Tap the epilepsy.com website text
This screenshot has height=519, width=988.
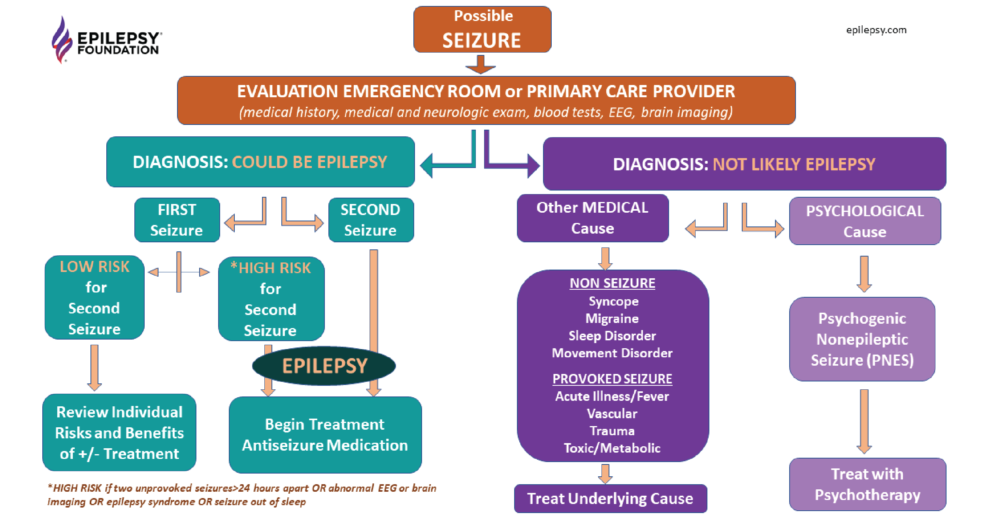pyautogui.click(x=876, y=30)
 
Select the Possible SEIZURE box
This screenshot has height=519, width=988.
pyautogui.click(x=482, y=30)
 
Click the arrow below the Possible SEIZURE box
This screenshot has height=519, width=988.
pyautogui.click(x=481, y=64)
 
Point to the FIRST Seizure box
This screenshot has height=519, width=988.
pyautogui.click(x=177, y=220)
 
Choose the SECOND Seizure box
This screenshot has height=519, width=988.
pyautogui.click(x=371, y=220)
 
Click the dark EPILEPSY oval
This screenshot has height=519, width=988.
pyautogui.click(x=324, y=366)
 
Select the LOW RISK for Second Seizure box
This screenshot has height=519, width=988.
pyautogui.click(x=94, y=297)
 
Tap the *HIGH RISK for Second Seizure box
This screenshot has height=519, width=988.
pyautogui.click(x=271, y=299)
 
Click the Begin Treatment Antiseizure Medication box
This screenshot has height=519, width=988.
pyautogui.click(x=325, y=434)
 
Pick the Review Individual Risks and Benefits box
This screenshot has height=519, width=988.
pyautogui.click(x=119, y=432)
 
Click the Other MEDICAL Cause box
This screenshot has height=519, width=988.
pyautogui.click(x=592, y=218)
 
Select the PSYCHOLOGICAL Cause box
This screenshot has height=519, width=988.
pyautogui.click(x=865, y=221)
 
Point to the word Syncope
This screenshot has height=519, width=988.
pyautogui.click(x=613, y=301)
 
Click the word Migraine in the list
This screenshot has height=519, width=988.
pyautogui.click(x=612, y=319)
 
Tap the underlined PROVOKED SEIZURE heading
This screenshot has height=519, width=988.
pyautogui.click(x=612, y=379)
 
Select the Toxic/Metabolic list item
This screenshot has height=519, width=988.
pyautogui.click(x=612, y=448)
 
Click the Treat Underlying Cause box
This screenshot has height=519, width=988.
pyautogui.click(x=610, y=498)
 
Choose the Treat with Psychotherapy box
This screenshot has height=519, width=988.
pyautogui.click(x=867, y=484)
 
